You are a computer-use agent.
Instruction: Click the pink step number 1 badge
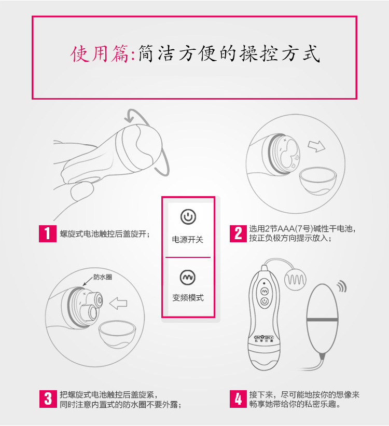(x=48, y=233)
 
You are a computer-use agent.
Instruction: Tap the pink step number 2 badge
(x=238, y=233)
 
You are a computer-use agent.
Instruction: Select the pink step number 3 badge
(x=48, y=399)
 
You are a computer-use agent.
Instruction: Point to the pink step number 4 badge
(x=238, y=399)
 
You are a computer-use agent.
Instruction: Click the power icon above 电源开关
(x=188, y=217)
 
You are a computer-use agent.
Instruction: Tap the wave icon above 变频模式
(x=188, y=277)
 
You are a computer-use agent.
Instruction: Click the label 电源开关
(x=188, y=239)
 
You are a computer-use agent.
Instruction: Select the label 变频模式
(x=188, y=297)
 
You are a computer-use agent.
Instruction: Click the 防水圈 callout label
(x=103, y=277)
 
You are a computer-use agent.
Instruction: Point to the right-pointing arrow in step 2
(x=316, y=146)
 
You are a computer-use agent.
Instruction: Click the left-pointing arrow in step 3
(x=118, y=303)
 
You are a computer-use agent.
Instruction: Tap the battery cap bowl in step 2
(x=318, y=181)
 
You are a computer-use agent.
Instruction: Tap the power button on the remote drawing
(x=265, y=301)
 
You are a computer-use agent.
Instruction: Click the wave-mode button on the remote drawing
(x=265, y=291)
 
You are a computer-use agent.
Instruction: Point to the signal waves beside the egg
(x=342, y=286)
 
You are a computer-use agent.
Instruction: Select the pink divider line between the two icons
(x=188, y=257)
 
